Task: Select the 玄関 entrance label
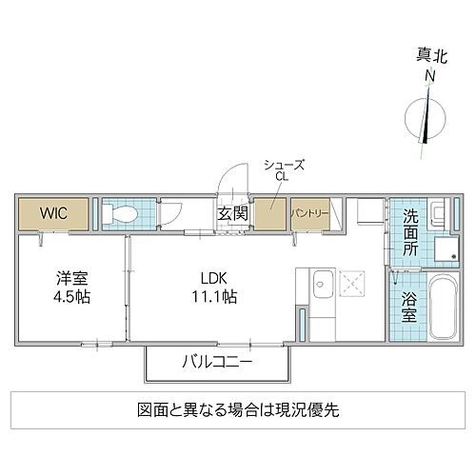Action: (232, 214)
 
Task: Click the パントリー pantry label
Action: (310, 213)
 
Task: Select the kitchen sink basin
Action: (321, 283)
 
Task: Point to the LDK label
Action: (213, 278)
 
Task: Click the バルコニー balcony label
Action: (217, 362)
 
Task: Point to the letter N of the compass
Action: (430, 77)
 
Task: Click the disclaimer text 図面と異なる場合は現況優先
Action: (237, 411)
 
